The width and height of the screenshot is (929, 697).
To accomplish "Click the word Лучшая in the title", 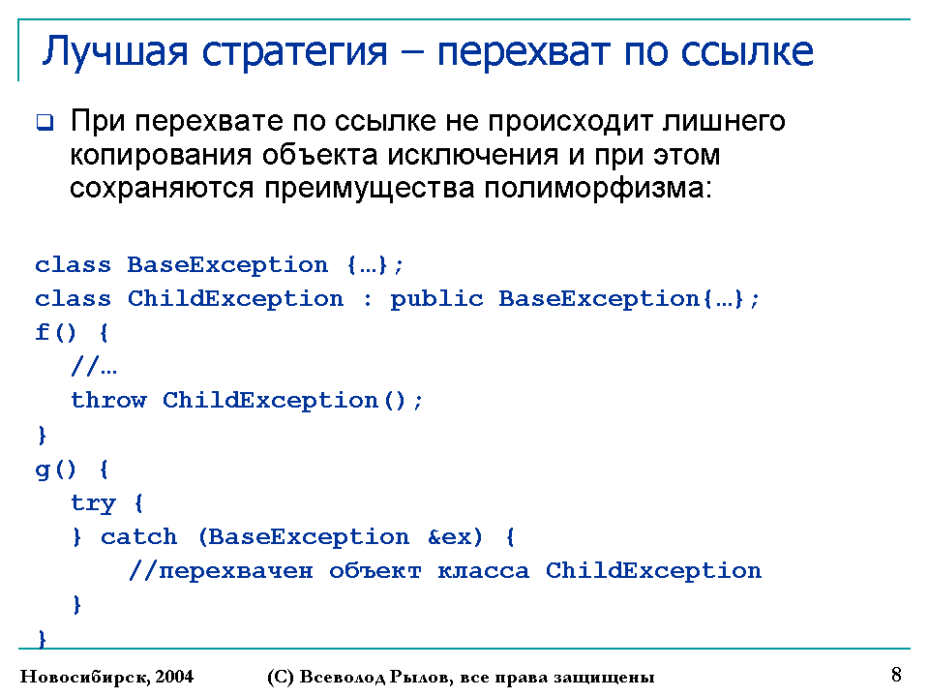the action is click(115, 52).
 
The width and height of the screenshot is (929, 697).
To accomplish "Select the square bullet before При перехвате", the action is click(45, 123).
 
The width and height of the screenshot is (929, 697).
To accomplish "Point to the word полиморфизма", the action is click(598, 189).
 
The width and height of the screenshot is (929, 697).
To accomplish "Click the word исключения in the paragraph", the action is click(473, 155).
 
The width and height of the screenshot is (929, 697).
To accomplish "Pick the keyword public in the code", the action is click(436, 299).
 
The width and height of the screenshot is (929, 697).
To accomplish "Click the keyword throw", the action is click(108, 401).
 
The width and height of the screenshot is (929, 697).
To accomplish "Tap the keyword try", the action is click(93, 503).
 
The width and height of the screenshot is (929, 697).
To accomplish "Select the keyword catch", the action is click(138, 537).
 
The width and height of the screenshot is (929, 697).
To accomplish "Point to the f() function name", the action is click(56, 332).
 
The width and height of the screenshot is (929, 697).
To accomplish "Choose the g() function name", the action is click(56, 470).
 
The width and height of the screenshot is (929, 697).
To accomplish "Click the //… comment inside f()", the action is click(94, 366).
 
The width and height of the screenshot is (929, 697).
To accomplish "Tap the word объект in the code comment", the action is click(375, 571).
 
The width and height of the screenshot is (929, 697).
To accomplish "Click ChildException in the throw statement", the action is click(270, 401).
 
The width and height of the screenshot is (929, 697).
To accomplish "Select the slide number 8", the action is click(896, 675).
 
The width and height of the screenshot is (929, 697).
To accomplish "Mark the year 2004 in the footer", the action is click(174, 677).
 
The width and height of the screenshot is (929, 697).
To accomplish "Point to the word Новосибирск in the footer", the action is click(85, 677).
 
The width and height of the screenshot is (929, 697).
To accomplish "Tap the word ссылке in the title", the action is click(746, 52).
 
